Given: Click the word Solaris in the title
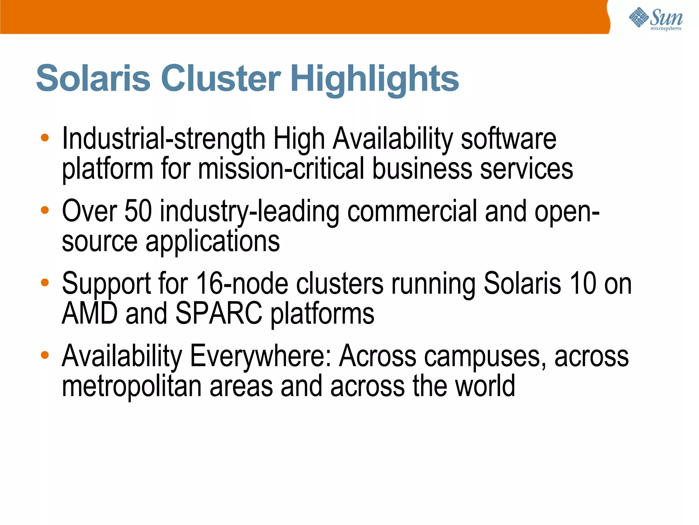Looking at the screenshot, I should click(93, 78).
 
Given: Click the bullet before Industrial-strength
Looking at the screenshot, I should click(45, 138).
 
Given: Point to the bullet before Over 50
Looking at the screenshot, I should click(45, 210).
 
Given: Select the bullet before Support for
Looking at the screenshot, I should click(45, 282).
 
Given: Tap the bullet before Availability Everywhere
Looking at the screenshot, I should click(45, 355).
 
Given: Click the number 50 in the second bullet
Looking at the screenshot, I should click(138, 211).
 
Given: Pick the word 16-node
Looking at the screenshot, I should click(242, 283).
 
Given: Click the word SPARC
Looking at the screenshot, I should click(218, 313).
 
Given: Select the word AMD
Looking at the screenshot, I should click(89, 313).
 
